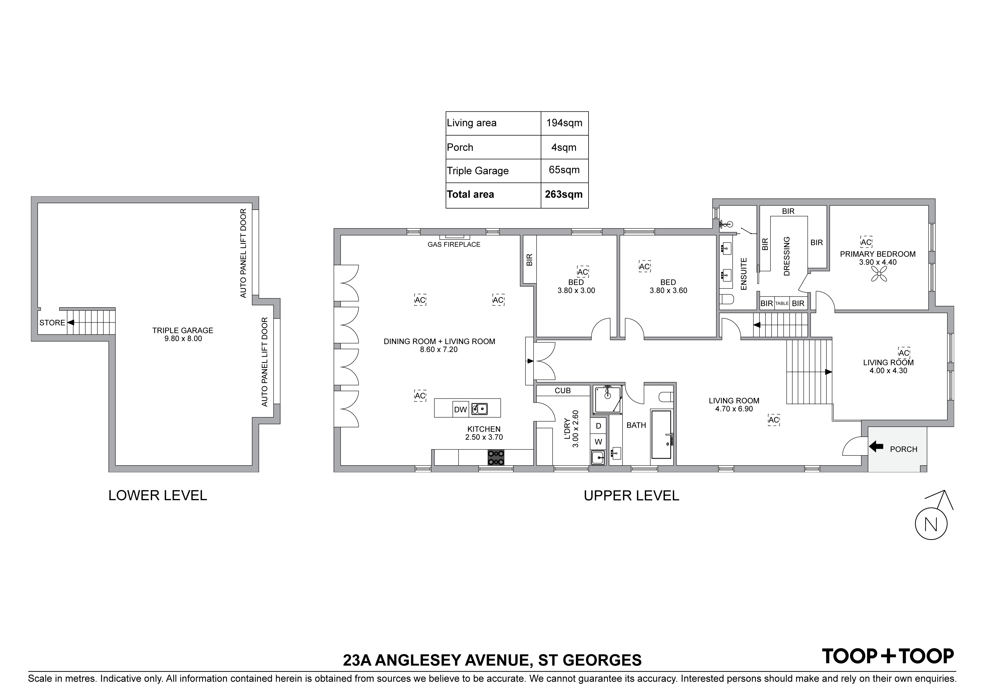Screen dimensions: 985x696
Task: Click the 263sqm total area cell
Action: pos(564,195)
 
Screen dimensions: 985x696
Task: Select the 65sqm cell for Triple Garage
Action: pos(564,170)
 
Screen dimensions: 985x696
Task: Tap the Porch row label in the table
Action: pos(460,148)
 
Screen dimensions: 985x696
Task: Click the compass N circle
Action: pos(931,524)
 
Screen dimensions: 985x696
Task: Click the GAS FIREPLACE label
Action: pos(454,244)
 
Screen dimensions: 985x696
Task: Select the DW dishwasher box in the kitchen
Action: pos(460,409)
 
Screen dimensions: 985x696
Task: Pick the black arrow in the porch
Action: pos(876,447)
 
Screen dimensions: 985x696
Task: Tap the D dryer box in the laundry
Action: pos(598,426)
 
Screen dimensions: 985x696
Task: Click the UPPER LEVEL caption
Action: pos(631,496)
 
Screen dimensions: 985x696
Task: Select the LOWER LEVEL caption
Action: pos(158,496)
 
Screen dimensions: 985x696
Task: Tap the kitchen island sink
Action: pos(480,409)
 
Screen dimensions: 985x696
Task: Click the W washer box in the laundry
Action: pos(598,442)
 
